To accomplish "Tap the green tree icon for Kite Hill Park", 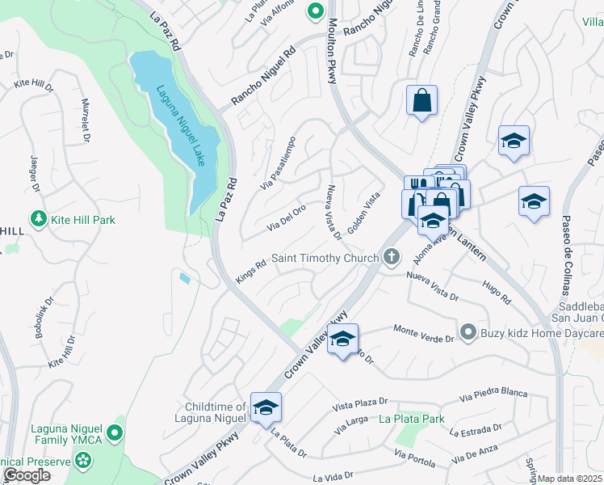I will [37, 219].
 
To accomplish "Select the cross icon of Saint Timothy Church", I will [392, 258].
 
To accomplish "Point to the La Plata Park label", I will [412, 419].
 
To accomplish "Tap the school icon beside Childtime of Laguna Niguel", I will [265, 409].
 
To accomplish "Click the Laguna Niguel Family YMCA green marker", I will [116, 433].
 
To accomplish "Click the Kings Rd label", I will [250, 270].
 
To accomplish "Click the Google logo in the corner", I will [27, 475].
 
